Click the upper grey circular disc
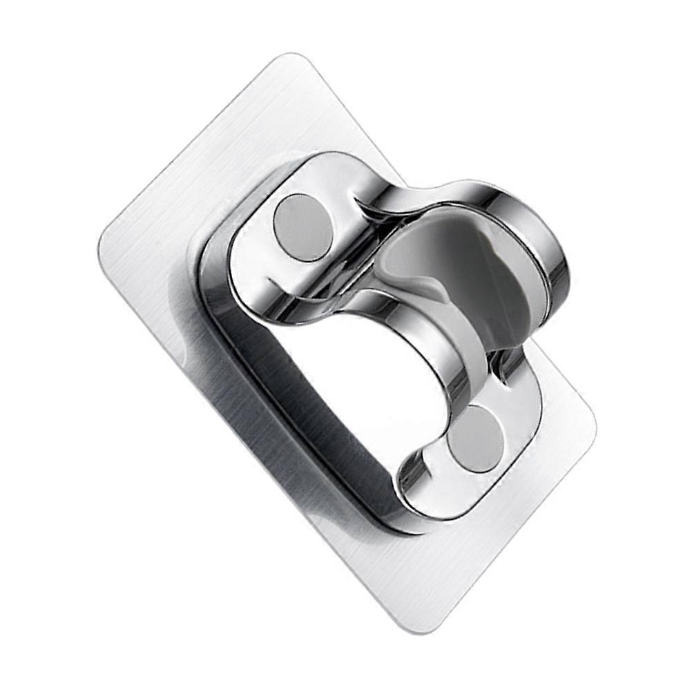pos(302,227)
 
